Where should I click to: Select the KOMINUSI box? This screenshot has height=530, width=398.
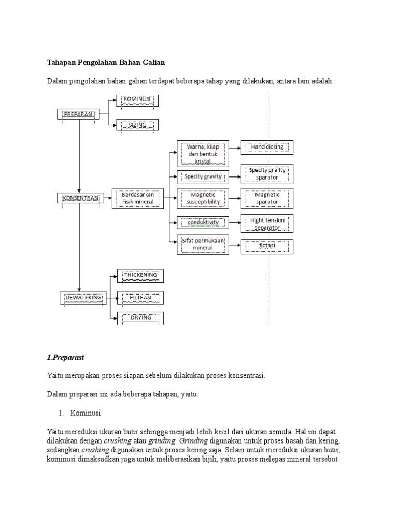(137, 100)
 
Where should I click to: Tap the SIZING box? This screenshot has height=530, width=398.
(137, 125)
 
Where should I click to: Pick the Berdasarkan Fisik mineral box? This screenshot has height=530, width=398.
(137, 198)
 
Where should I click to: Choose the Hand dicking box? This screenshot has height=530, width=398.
(267, 148)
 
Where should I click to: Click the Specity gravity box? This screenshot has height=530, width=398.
(203, 177)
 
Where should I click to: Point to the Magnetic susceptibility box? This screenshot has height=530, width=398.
(203, 198)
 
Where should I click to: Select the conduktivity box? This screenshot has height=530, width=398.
(203, 223)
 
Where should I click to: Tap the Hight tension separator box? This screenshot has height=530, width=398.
(267, 224)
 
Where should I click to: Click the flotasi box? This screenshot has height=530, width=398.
(267, 246)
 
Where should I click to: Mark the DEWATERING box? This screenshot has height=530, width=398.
(83, 298)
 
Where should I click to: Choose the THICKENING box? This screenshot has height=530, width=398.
(140, 275)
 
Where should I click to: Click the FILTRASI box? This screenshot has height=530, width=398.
(140, 298)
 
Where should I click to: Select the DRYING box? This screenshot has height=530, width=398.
(140, 318)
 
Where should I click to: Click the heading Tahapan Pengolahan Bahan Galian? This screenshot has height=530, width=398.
(106, 63)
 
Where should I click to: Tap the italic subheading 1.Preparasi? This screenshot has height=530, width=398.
(65, 357)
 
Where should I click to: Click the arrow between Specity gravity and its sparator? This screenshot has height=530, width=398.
(235, 177)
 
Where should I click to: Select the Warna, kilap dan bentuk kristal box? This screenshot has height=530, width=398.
(203, 154)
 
